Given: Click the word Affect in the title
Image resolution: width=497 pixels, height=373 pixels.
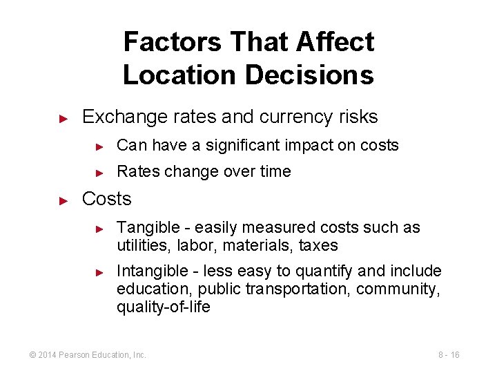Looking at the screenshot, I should (x=335, y=42).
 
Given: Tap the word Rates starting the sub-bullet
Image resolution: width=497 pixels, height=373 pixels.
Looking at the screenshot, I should (x=137, y=171).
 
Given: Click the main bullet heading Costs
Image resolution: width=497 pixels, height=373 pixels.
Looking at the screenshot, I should (x=106, y=199).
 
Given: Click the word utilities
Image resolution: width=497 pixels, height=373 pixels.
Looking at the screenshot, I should (x=140, y=246).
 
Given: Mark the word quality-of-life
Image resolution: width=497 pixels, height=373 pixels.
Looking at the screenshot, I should (x=164, y=307).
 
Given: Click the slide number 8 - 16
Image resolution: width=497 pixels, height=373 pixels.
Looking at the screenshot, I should (x=449, y=355).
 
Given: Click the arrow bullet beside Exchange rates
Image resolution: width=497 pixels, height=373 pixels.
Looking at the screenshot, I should (x=63, y=118).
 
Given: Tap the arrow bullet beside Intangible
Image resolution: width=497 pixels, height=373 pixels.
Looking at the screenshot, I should (x=99, y=271).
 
